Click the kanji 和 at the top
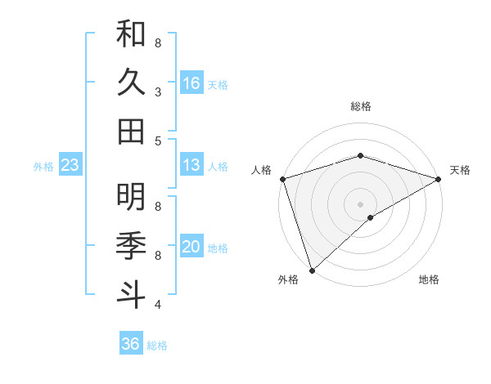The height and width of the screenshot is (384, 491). pyautogui.click(x=131, y=34)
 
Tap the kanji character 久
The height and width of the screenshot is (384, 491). pyautogui.click(x=131, y=83)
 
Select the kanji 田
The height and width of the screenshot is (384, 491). pyautogui.click(x=131, y=131)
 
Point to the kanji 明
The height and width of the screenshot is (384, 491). pyautogui.click(x=131, y=197)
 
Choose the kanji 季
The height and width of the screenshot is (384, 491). pyautogui.click(x=131, y=245)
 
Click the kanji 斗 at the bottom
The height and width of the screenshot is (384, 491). pyautogui.click(x=131, y=293)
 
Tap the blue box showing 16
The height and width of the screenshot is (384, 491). pyautogui.click(x=191, y=83)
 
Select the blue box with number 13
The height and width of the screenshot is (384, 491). pyautogui.click(x=191, y=165)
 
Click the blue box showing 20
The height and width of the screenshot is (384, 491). pyautogui.click(x=191, y=247)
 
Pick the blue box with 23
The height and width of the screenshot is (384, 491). pyautogui.click(x=70, y=166)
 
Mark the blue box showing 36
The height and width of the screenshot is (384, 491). pyautogui.click(x=130, y=344)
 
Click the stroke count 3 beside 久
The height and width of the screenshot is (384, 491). pyautogui.click(x=158, y=92)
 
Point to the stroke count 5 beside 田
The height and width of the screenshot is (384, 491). pyautogui.click(x=158, y=141)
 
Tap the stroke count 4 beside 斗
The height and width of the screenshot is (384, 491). pyautogui.click(x=158, y=304)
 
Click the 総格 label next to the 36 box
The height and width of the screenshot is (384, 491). pyautogui.click(x=157, y=346)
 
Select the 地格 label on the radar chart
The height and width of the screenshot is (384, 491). pyautogui.click(x=429, y=279)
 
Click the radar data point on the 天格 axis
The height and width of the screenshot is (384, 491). pyautogui.click(x=439, y=179)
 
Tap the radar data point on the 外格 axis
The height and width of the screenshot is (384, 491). pyautogui.click(x=312, y=270)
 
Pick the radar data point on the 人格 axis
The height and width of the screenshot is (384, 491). pyautogui.click(x=282, y=179)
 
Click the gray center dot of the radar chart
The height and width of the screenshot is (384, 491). pyautogui.click(x=360, y=203)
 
